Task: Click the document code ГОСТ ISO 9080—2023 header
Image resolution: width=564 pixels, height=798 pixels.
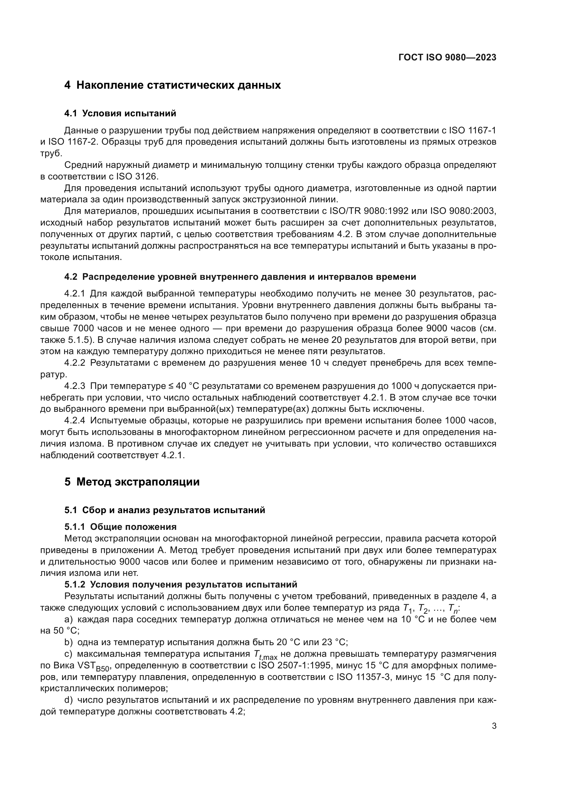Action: pos(447,58)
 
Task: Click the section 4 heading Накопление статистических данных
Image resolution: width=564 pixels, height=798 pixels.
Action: pos(173,85)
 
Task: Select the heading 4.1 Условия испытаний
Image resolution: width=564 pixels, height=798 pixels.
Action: pos(120,113)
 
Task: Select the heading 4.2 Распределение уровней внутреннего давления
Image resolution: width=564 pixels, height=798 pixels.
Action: pos(240,277)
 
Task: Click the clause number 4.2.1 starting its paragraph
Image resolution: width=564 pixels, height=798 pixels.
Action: pos(74,294)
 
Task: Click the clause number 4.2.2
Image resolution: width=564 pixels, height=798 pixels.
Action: pos(74,363)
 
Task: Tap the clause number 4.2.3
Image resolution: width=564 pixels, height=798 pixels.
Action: pos(74,386)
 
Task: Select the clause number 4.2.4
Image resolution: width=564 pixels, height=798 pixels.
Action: pos(74,421)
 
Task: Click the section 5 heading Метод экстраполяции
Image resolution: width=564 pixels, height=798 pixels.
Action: pos(132,482)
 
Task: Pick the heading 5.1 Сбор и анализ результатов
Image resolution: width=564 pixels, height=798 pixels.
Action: pos(165,510)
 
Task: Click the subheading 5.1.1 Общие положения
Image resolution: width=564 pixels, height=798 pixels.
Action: pos(120,527)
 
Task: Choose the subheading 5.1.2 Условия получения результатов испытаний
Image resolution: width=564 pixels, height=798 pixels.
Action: pos(181,584)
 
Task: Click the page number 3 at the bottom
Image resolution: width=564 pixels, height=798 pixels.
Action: pos(494,726)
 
